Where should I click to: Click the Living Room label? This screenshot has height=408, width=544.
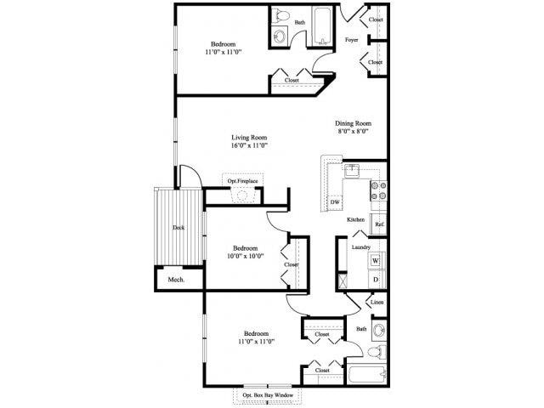tap(249, 137)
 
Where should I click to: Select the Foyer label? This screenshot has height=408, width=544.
tap(351, 41)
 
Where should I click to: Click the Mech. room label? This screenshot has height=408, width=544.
tap(176, 280)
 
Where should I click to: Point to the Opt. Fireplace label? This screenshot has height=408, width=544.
tap(242, 181)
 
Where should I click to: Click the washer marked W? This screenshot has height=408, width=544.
tap(375, 260)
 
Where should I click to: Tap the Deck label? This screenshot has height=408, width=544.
tap(178, 227)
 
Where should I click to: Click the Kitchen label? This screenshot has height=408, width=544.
tap(355, 220)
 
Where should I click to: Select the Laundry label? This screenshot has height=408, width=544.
tap(360, 247)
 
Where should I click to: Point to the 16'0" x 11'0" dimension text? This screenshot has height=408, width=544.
tap(249, 146)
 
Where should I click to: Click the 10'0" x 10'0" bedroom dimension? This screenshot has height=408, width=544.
tap(245, 255)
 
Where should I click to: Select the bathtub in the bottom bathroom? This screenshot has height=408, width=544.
tap(366, 373)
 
